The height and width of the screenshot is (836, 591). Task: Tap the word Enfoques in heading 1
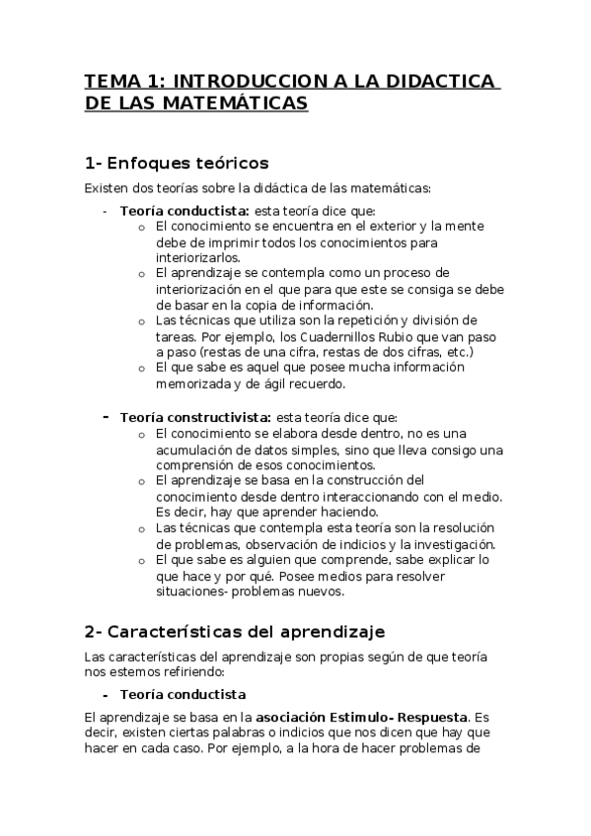(149, 162)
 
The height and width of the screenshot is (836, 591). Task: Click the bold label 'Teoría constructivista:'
(184, 417)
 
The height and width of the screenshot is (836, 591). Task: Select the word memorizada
(192, 383)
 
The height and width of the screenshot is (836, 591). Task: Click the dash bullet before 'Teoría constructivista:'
(106, 417)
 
